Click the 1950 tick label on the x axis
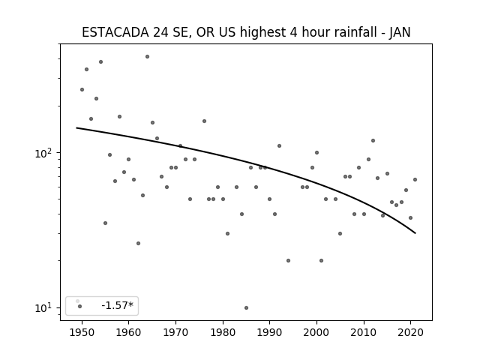pyautogui.click(x=82, y=332)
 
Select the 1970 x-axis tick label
pyautogui.click(x=175, y=332)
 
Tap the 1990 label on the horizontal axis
pyautogui.click(x=270, y=332)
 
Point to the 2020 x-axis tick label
pyautogui.click(x=410, y=332)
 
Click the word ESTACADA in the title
pyautogui.click(x=115, y=32)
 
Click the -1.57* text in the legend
pyautogui.click(x=118, y=305)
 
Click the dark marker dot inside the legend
pyautogui.click(x=80, y=307)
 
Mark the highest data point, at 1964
pyautogui.click(x=147, y=57)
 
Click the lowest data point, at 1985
pyautogui.click(x=247, y=308)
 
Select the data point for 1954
pyautogui.click(x=100, y=61)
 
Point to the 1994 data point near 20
pyautogui.click(x=288, y=261)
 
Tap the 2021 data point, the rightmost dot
pyautogui.click(x=415, y=180)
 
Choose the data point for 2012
pyautogui.click(x=373, y=141)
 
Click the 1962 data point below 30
pyautogui.click(x=138, y=243)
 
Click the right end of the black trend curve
pyautogui.click(x=415, y=233)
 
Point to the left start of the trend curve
pyautogui.click(x=76, y=127)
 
